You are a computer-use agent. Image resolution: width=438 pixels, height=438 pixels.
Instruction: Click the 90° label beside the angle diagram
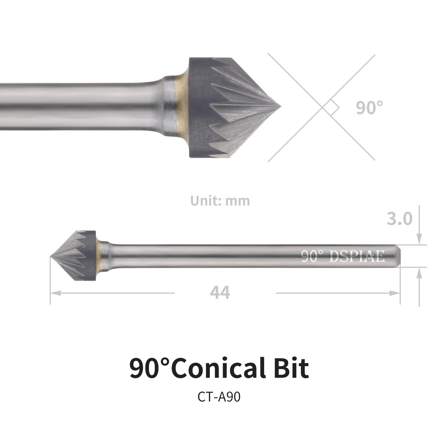369,107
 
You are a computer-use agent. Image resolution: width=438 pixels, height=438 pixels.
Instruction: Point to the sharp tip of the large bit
279,107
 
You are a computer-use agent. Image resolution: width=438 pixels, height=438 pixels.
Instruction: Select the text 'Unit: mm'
220,201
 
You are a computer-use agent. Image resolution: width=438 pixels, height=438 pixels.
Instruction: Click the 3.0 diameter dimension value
399,218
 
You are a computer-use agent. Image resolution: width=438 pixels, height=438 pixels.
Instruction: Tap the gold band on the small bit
100,256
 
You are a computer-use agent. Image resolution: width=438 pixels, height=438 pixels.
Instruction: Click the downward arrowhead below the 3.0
419,240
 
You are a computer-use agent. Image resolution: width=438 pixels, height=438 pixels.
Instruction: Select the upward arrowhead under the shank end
419,272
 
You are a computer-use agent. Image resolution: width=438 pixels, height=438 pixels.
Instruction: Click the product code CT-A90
219,397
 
